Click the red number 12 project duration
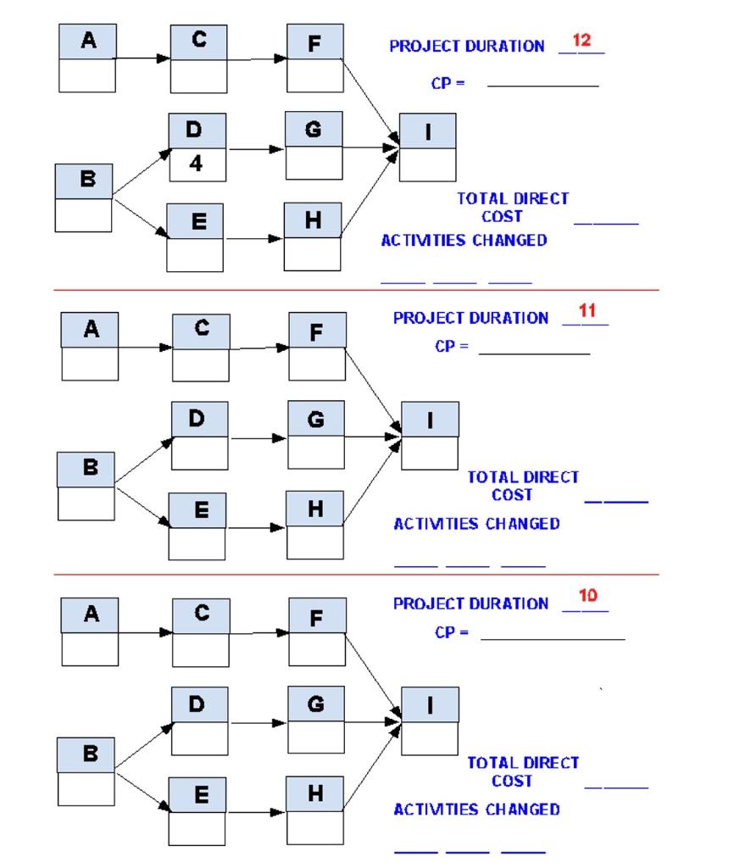(581, 41)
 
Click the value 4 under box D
(196, 164)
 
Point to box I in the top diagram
(427, 131)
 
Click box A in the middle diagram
(90, 331)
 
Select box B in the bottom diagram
(86, 754)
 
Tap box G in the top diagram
(314, 130)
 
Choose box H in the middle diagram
(315, 509)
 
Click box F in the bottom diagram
(317, 616)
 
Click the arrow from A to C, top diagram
(142, 59)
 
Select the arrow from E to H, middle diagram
(255, 527)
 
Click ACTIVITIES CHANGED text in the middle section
(476, 524)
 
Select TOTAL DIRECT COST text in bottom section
(522, 771)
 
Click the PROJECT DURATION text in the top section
(467, 47)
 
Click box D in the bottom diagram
(200, 704)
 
